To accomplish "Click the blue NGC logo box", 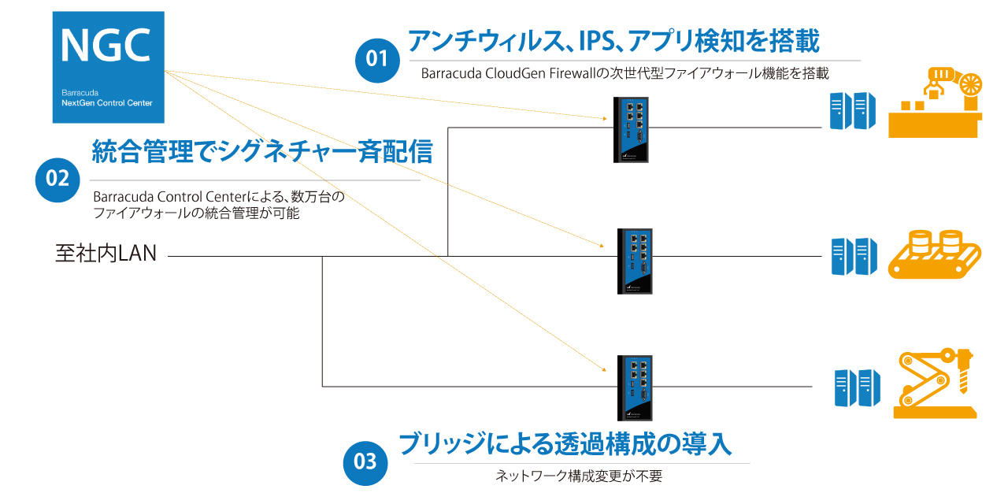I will pos(108,67).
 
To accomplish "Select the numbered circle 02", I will pos(58,179).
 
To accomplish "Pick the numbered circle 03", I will pos(365,461).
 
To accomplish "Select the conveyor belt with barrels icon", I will pos(935,254).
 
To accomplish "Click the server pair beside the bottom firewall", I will pos(857,387).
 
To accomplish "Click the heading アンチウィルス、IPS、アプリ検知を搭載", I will pos(613,40).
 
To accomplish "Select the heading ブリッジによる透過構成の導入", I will pos(565,443).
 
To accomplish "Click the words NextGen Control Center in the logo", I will pos(107,102).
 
